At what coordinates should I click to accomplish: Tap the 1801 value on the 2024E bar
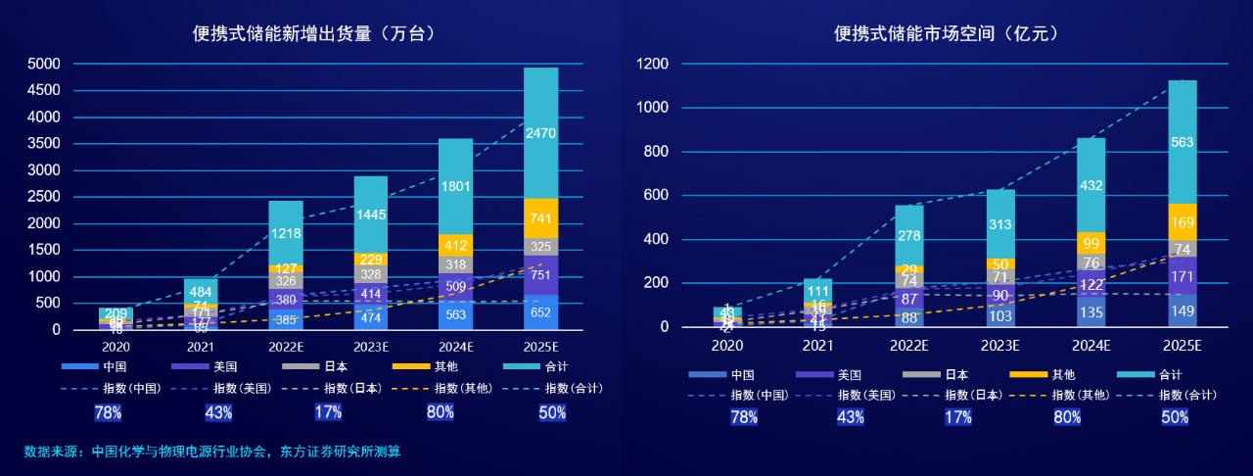(456, 186)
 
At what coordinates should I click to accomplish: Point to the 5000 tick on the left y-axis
(43, 65)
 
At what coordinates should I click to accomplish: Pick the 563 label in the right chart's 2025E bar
(1183, 142)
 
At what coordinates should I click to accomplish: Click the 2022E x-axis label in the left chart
(288, 346)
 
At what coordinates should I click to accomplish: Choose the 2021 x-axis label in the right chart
(817, 346)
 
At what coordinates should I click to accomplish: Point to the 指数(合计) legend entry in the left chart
(564, 388)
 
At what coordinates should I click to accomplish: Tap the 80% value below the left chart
(441, 412)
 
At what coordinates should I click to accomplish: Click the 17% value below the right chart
(957, 417)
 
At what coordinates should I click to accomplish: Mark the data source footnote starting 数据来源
(212, 452)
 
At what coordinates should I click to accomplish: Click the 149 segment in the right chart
(1183, 312)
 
